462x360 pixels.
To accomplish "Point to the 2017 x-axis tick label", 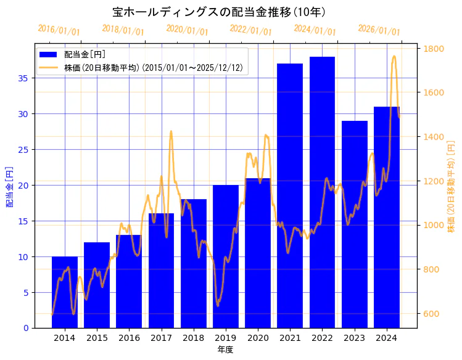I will point(161,338).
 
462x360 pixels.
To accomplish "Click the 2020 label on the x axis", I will point(258,338).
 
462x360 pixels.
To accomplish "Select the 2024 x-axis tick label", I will point(386,338).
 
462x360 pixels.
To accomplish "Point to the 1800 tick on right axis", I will point(431,49).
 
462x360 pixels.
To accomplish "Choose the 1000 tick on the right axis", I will point(431,226).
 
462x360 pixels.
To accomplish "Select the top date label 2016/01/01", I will point(59,30).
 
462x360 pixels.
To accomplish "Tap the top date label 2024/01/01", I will point(315,30).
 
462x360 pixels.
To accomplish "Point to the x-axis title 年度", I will point(225,350).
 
